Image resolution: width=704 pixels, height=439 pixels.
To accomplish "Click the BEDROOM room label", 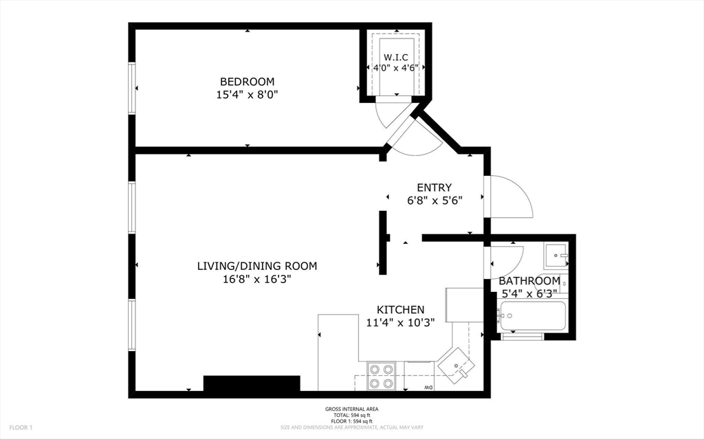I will [x=247, y=81].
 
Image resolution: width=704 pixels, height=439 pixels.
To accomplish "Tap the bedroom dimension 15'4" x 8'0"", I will [x=247, y=94].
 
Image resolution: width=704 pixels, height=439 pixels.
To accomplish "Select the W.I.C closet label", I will [x=396, y=57].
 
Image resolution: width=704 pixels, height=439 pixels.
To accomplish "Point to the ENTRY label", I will [x=434, y=188].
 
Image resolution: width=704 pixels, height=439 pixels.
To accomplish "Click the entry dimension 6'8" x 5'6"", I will [x=434, y=201].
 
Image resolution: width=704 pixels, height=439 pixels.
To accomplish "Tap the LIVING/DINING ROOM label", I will [x=257, y=266].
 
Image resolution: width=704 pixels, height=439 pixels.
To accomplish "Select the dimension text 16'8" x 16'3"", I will [x=257, y=279].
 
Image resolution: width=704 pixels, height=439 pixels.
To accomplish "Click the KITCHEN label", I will [x=400, y=310].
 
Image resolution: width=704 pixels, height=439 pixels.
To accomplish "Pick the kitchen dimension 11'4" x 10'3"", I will [x=400, y=323].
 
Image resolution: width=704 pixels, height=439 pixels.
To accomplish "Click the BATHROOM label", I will [x=529, y=281].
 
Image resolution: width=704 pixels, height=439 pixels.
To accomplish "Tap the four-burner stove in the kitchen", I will [x=381, y=376].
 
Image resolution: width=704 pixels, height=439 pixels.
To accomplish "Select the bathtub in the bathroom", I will [x=533, y=317].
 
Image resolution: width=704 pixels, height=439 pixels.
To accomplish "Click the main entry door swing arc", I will [x=510, y=195].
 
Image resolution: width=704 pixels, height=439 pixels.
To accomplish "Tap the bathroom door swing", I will [x=506, y=260].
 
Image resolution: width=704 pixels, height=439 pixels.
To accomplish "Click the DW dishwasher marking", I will [x=427, y=388].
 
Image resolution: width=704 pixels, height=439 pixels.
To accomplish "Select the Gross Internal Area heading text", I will [x=351, y=410].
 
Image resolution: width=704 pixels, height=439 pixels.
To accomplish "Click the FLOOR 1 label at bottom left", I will [x=21, y=427].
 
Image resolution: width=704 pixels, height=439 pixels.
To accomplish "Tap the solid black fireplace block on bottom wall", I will [x=252, y=383].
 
